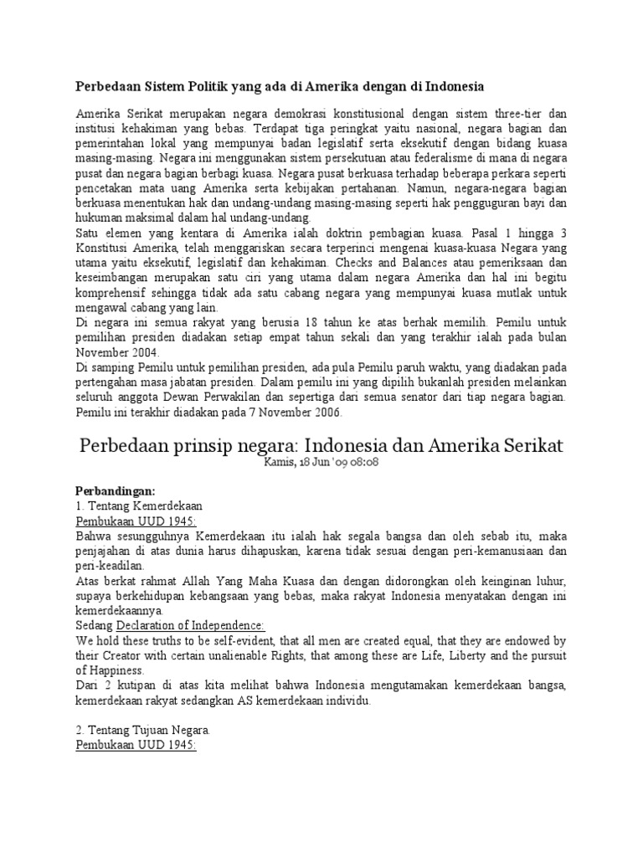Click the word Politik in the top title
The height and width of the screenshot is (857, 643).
187,86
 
